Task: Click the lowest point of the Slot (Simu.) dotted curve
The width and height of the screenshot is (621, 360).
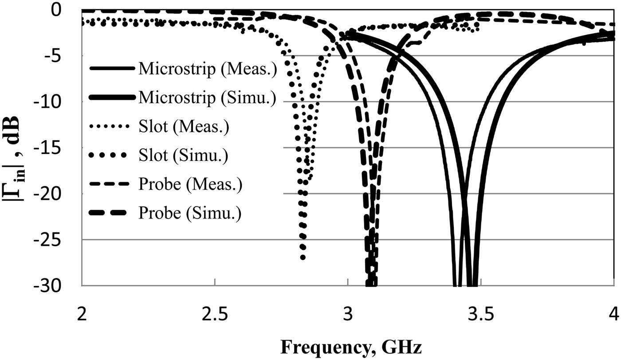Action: pyautogui.click(x=303, y=257)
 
